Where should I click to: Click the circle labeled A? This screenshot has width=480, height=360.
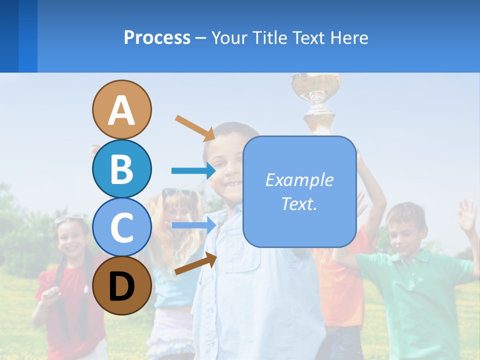point(121,109)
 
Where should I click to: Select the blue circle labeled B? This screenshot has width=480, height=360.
point(121,168)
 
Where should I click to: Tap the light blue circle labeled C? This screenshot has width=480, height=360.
point(121,227)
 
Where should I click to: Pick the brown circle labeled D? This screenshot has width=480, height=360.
point(121,286)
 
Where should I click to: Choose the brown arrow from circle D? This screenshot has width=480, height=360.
point(195,263)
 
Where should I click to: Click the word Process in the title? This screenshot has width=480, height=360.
point(157,37)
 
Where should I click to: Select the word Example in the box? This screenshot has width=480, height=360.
point(299,180)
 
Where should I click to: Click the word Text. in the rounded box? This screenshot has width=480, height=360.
point(299,204)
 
